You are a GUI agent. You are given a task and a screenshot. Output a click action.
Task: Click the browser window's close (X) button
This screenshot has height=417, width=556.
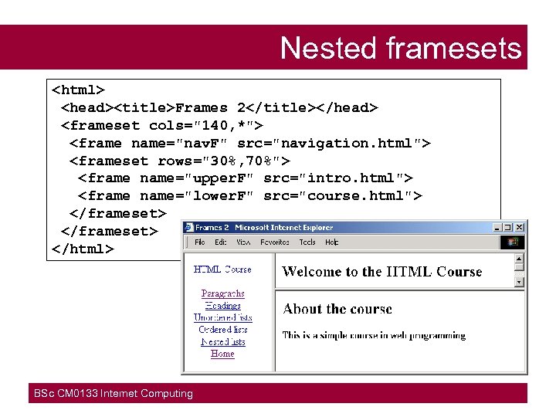(x=520, y=228)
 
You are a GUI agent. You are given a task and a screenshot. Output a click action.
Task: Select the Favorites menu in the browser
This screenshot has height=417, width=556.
(x=275, y=242)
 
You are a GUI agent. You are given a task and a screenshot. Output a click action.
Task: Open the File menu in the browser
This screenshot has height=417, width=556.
(x=199, y=242)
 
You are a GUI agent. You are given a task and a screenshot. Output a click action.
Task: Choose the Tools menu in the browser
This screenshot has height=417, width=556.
(x=307, y=242)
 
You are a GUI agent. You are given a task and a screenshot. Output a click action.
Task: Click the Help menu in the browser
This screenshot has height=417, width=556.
(x=332, y=242)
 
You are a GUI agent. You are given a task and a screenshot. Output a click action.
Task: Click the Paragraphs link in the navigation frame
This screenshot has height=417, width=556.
(x=222, y=293)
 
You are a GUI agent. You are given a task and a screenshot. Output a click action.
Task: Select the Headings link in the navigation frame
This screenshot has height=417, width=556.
(x=222, y=306)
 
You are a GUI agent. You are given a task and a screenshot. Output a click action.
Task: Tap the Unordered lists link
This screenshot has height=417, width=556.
(x=222, y=317)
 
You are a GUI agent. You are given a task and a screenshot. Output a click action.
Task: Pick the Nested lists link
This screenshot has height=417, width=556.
(x=222, y=342)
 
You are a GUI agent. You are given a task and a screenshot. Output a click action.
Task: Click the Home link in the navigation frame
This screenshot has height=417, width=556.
(x=222, y=354)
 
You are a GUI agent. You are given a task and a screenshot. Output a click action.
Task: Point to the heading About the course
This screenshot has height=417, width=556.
(x=337, y=309)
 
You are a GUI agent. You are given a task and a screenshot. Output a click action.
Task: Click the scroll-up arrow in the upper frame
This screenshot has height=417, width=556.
(x=519, y=259)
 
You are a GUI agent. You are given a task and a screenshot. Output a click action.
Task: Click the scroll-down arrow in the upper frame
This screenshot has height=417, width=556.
(x=519, y=282)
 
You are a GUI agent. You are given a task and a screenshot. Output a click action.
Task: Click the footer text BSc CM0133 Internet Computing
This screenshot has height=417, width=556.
(x=114, y=394)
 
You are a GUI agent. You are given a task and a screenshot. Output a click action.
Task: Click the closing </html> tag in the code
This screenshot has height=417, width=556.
(x=83, y=249)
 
